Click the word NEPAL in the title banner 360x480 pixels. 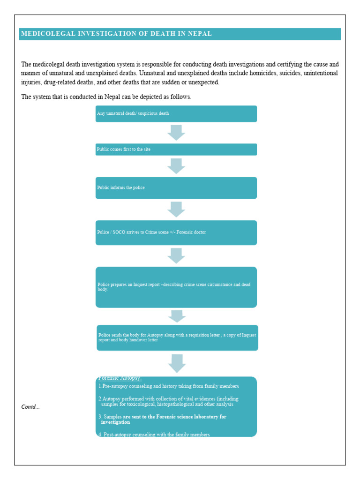200,34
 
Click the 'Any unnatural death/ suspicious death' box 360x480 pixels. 176,114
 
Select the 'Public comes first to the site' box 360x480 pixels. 176,150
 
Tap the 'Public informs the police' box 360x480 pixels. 176,187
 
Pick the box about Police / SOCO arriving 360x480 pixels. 176,232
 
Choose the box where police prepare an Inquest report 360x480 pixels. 176,287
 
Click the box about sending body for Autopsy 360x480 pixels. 177,337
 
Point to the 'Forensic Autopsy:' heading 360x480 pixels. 120,378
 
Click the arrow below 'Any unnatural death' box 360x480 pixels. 176,133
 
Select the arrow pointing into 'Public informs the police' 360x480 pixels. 176,166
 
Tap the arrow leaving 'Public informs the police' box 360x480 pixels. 176,209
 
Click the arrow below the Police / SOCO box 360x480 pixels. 176,255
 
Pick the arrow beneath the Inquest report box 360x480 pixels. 177,316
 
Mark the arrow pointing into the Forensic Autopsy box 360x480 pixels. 177,363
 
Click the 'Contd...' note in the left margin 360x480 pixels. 30,406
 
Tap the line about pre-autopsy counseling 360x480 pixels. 169,386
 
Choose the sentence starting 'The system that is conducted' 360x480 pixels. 106,97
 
